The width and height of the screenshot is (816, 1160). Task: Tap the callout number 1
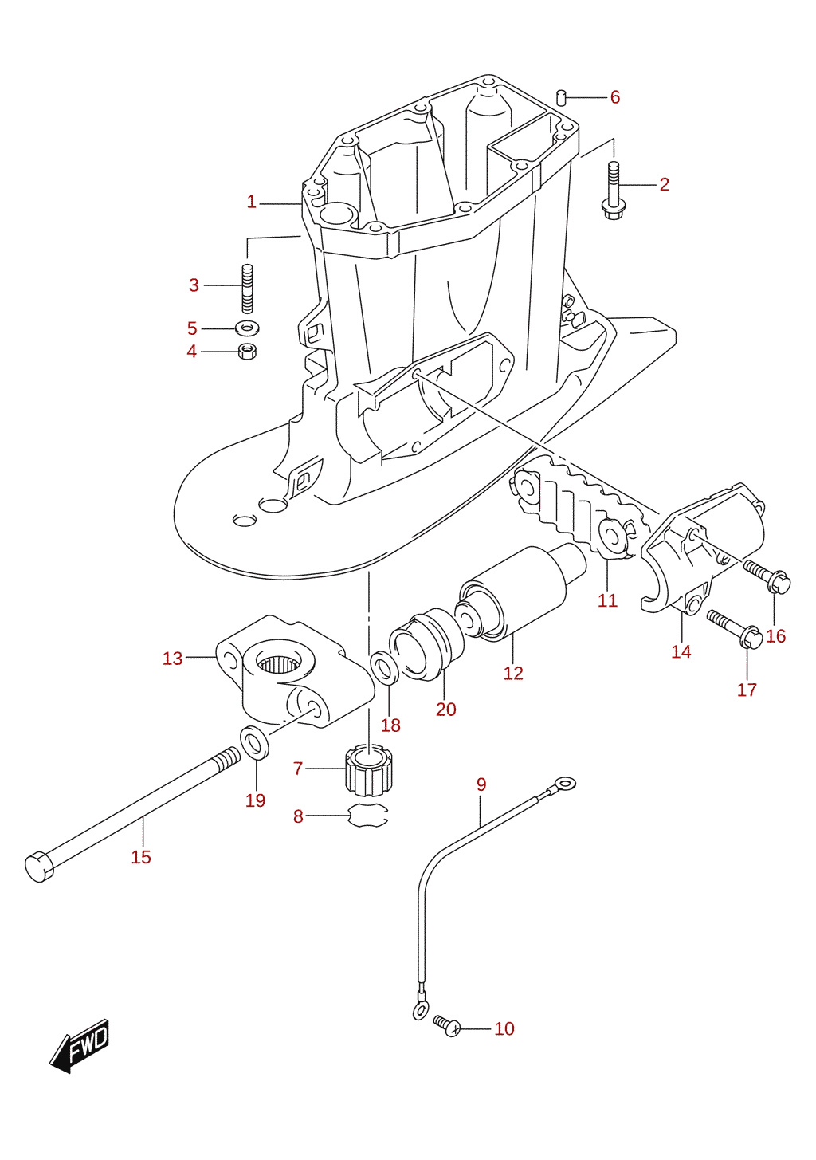pos(252,202)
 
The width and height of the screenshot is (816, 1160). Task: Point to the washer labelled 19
pos(255,742)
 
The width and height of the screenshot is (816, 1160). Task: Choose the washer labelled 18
pos(384,668)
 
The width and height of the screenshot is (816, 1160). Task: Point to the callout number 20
pos(445,709)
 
